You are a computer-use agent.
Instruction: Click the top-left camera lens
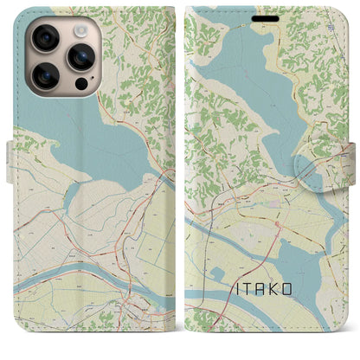tap(45, 39)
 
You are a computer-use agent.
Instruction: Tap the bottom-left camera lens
tap(45, 77)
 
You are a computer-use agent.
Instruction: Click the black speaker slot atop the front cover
tap(267, 16)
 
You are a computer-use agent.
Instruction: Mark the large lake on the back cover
tap(95, 143)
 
